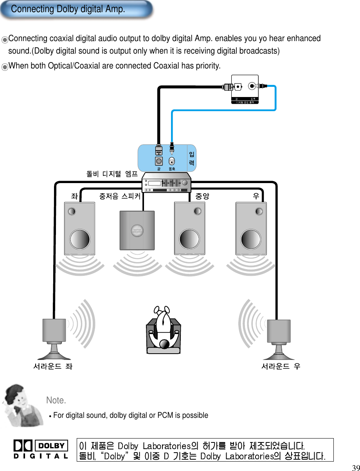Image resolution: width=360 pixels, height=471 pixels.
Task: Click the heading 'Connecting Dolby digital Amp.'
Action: click(68, 9)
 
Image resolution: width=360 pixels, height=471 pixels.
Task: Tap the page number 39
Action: click(355, 468)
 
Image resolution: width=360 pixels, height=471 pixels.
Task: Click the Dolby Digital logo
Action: click(41, 449)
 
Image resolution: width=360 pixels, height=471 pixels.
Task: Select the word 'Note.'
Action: click(56, 400)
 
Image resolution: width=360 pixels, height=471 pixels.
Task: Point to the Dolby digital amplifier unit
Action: click(167, 183)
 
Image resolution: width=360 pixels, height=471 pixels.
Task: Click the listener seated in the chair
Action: click(164, 330)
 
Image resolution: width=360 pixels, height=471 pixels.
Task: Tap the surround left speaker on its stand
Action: click(54, 339)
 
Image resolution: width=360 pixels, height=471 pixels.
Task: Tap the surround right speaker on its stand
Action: click(278, 339)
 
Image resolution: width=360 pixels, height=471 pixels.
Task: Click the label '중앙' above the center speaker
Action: click(202, 196)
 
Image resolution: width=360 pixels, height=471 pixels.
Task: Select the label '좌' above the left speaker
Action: click(74, 196)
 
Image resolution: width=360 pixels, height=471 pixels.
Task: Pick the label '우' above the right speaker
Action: click(256, 196)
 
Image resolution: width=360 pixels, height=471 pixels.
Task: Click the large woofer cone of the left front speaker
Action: click(80, 238)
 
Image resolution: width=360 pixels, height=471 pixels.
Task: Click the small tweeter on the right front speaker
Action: click(259, 211)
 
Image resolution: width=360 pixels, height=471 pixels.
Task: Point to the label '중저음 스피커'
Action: click(120, 196)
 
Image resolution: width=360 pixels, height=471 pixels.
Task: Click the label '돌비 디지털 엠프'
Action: click(112, 174)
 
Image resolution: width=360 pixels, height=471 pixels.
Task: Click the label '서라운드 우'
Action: click(281, 367)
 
